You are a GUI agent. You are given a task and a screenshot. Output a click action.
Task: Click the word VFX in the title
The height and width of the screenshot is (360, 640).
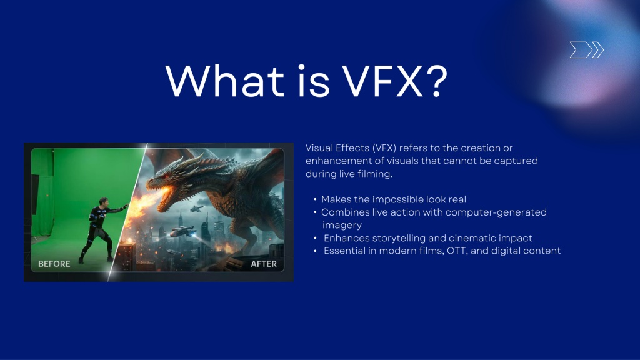(382, 81)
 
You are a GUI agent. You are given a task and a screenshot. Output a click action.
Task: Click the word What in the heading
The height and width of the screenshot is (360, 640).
(225, 81)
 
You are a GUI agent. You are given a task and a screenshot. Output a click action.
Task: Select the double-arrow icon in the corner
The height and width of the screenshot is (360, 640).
(586, 50)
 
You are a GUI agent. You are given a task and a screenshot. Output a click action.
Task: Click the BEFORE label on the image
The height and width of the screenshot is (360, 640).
(54, 264)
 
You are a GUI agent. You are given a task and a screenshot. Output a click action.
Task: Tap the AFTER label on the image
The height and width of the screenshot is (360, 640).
(264, 264)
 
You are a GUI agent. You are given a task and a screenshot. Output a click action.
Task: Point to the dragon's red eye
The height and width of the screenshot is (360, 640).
(167, 176)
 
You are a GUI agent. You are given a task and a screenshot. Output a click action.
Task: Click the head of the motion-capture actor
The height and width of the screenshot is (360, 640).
(104, 202)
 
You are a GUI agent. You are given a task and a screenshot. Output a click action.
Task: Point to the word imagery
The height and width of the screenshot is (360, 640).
(342, 225)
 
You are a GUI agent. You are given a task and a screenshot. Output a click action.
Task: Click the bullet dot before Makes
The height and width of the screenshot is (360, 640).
(315, 199)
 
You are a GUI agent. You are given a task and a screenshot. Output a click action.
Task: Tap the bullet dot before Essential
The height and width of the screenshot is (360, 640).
(315, 251)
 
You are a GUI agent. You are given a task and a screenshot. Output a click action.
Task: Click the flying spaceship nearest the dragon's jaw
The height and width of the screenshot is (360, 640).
(196, 209)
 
